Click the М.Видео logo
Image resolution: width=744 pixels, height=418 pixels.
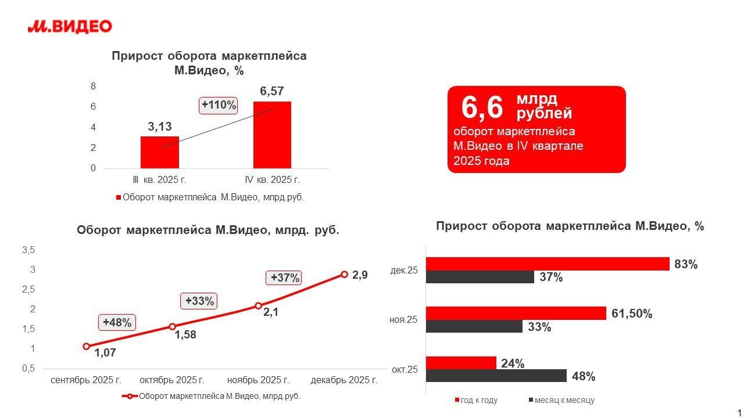tap(70, 26)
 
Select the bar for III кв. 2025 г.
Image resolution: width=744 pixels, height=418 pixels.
tap(159, 152)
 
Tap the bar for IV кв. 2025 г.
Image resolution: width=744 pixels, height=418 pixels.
tap(272, 135)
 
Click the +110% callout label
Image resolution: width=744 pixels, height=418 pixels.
tap(219, 105)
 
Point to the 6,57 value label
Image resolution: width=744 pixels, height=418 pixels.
tap(272, 91)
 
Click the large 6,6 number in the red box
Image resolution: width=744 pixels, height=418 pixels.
tap(482, 107)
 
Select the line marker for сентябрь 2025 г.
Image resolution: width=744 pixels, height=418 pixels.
tap(87, 346)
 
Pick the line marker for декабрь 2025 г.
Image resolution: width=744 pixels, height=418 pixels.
tap(344, 274)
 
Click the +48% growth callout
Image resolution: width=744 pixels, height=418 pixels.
tap(117, 323)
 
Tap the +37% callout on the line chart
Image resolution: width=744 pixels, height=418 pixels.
tap(285, 278)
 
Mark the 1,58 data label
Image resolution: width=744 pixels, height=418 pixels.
tap(186, 334)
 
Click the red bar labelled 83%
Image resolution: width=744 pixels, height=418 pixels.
tap(548, 264)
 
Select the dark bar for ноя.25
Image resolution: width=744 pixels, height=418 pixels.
tap(474, 327)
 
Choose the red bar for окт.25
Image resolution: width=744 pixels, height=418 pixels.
tap(461, 363)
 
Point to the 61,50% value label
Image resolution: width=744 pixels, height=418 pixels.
tap(632, 314)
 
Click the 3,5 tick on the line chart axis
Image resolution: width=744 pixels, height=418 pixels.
tap(28, 250)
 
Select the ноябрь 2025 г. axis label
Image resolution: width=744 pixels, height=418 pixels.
tap(258, 380)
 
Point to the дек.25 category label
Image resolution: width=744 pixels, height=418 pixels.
tap(404, 270)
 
